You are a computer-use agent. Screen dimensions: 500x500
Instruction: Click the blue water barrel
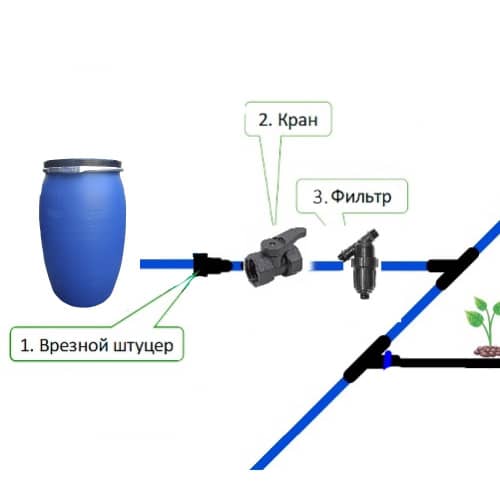[x=83, y=233]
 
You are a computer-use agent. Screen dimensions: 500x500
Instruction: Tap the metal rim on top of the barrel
[x=83, y=165]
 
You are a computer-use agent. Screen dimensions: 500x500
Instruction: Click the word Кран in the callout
[x=298, y=120]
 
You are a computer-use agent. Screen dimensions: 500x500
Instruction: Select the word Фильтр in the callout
[x=361, y=197]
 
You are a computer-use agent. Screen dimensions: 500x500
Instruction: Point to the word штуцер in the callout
[x=143, y=346]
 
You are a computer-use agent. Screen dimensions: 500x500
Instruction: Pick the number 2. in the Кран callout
[x=265, y=120]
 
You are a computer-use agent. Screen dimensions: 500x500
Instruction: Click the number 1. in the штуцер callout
[x=27, y=345]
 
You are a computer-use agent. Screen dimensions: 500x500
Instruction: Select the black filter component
[x=359, y=263]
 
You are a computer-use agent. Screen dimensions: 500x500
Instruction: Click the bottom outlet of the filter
[x=364, y=294]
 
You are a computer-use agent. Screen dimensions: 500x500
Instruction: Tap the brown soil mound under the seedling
[x=487, y=351]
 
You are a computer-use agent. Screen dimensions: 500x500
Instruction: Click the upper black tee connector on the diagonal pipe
[x=454, y=267]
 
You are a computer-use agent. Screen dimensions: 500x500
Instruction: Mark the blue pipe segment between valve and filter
[x=327, y=266]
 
